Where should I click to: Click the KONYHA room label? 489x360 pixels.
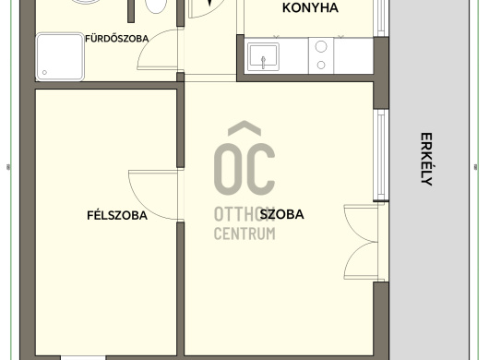coord(310,7)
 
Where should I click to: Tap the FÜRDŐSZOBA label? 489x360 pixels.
coord(116,39)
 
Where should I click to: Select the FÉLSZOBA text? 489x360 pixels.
coord(117,215)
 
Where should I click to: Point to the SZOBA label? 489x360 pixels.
coord(282,214)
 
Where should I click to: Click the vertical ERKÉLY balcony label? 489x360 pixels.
coord(426,159)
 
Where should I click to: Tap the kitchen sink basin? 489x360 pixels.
coord(263,57)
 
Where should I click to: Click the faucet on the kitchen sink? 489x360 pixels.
coord(264,62)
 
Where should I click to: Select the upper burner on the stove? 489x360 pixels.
coord(321,46)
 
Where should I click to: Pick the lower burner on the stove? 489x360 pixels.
coord(321,65)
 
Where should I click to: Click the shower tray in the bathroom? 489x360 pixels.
coord(60,57)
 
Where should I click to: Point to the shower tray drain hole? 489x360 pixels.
coord(44,72)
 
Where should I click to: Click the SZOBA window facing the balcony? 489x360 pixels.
coord(381,155)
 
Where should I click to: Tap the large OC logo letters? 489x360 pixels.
coord(244,169)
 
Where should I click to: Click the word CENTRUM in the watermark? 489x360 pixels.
coord(244,234)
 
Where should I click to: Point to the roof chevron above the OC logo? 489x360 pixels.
coord(244,128)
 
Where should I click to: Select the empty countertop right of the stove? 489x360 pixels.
coord(353,55)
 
